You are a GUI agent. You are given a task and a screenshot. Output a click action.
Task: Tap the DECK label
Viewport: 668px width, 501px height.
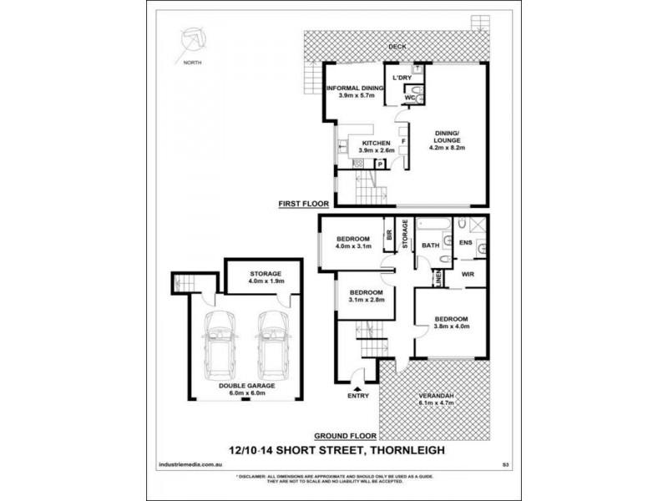click(x=397, y=48)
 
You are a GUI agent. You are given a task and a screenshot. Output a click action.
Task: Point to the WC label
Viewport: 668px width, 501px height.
click(x=409, y=98)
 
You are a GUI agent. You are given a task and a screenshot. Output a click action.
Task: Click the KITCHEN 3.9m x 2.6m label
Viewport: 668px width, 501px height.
click(x=376, y=147)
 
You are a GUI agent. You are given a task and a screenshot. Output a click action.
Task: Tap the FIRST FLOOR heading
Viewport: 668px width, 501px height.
click(x=303, y=203)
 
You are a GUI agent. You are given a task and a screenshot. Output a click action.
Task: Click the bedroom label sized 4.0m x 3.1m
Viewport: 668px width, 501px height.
click(x=352, y=242)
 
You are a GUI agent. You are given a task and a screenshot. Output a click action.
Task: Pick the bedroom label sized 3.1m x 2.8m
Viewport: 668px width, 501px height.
click(x=362, y=296)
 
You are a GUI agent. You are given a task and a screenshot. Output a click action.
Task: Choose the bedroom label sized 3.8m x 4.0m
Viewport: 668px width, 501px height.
click(x=451, y=322)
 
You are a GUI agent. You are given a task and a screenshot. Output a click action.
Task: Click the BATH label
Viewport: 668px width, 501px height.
click(x=431, y=245)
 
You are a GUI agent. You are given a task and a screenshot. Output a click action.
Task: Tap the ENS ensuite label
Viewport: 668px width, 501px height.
click(x=465, y=243)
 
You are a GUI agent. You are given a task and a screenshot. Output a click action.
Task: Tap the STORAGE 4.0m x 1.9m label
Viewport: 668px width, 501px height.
click(x=266, y=277)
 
